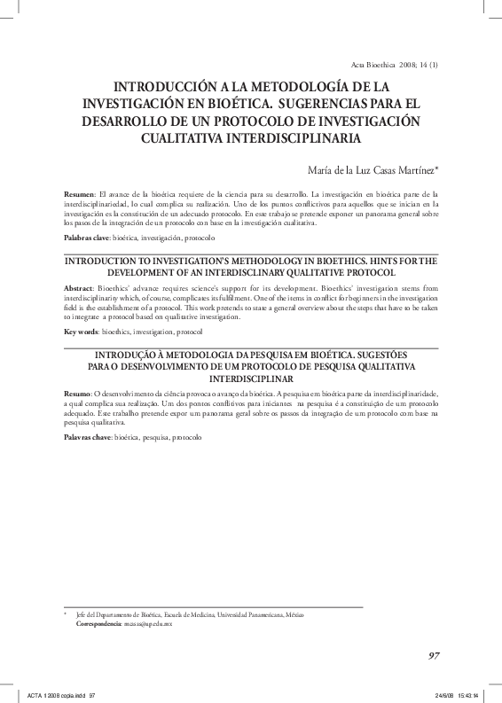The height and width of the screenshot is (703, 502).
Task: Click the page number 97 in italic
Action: (434, 655)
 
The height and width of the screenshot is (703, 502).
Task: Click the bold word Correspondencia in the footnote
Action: (98, 624)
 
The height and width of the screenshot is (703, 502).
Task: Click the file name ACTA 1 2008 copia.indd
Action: (56, 694)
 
